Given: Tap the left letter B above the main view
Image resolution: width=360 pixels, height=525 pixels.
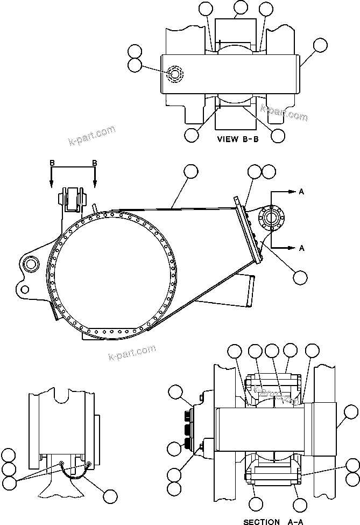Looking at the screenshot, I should point(52,163).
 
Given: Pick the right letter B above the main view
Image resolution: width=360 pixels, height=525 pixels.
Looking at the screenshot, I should point(95,163).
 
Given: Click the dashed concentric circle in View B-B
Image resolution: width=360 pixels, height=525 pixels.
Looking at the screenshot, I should point(175,74).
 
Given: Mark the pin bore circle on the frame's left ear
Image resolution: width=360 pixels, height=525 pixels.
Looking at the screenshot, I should point(30,263).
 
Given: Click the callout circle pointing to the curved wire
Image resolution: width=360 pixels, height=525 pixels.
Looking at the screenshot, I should point(110,496).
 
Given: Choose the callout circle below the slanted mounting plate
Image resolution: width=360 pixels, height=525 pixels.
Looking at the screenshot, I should point(300,277).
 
